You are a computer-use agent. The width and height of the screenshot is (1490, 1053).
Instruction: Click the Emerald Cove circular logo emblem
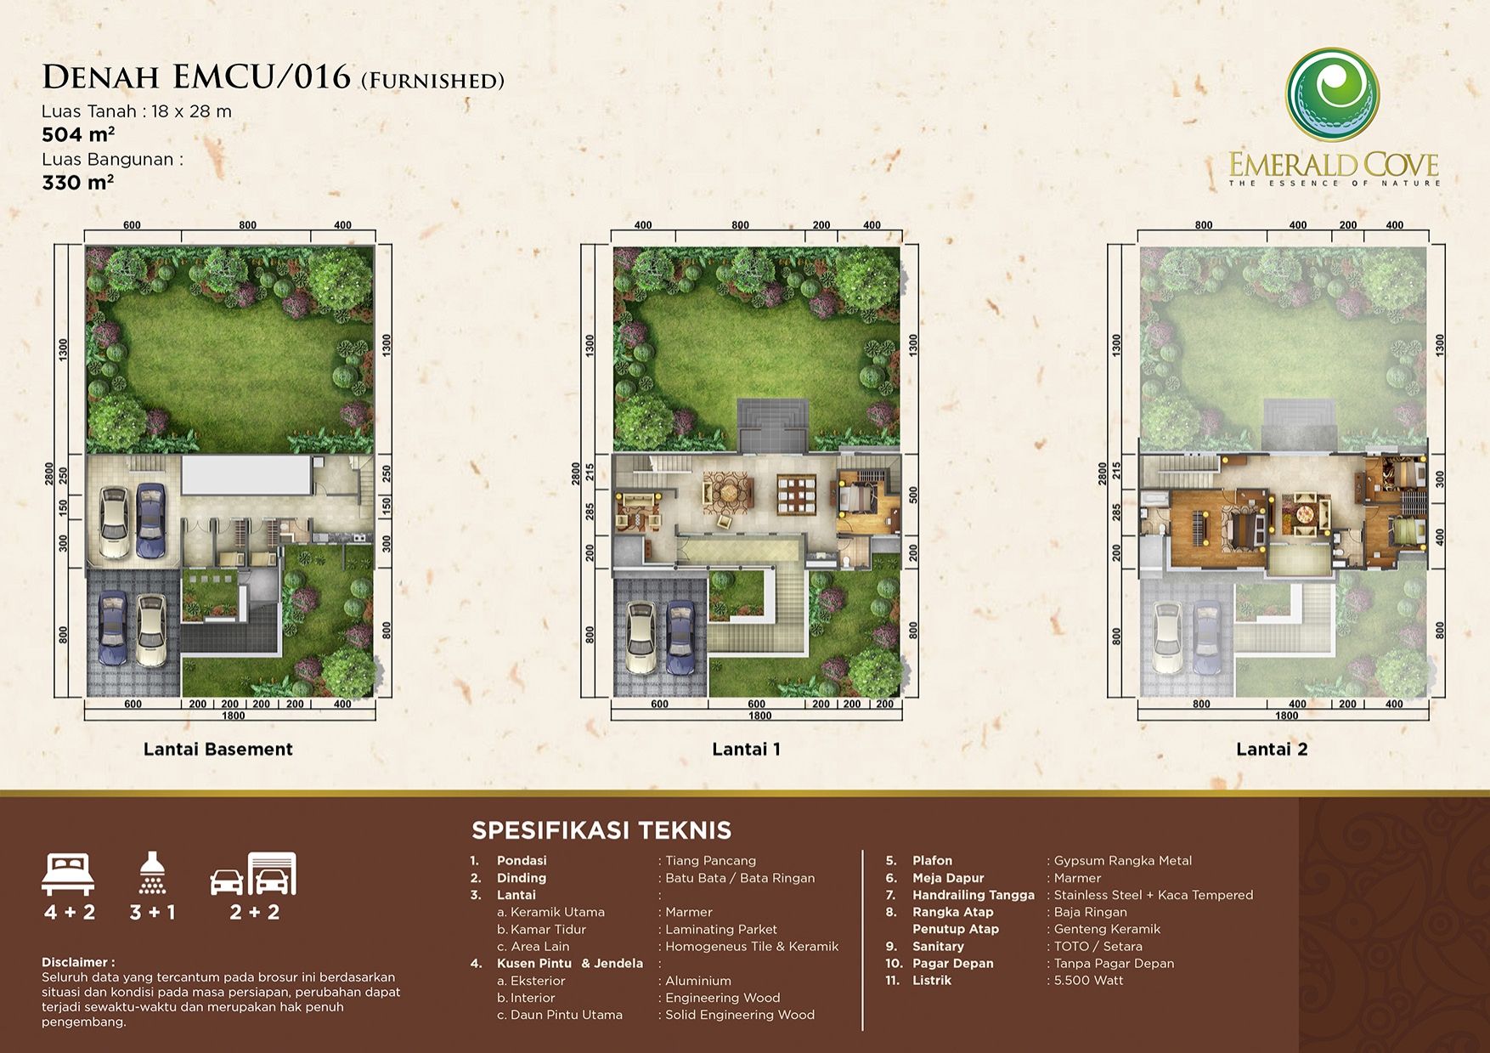click(1331, 94)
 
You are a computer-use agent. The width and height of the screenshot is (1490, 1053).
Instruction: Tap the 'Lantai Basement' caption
click(217, 749)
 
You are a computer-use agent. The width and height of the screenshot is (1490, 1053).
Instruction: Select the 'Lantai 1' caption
click(746, 749)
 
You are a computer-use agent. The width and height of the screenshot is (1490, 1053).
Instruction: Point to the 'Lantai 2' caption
click(1272, 749)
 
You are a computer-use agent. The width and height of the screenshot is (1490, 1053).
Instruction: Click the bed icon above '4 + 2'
click(68, 875)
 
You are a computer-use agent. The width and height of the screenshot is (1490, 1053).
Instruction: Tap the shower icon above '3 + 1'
click(153, 872)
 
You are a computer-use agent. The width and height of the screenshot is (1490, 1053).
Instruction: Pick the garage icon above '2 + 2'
click(254, 874)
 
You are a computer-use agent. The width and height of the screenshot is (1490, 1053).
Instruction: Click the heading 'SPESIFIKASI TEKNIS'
click(601, 829)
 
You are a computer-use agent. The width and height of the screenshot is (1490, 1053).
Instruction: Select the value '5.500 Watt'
click(1088, 980)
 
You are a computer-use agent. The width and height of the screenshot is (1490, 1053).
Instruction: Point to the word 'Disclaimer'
click(75, 962)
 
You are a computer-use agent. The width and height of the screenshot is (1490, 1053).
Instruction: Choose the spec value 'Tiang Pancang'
click(710, 861)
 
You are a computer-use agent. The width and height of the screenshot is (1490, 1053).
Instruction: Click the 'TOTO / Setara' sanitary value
click(1098, 946)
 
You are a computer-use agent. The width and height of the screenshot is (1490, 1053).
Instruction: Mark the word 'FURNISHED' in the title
click(433, 81)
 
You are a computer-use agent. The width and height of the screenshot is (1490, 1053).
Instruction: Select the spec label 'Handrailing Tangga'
click(974, 895)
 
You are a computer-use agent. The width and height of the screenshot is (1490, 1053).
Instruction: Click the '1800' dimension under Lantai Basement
click(233, 716)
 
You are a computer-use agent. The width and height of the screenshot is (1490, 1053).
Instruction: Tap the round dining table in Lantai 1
click(727, 494)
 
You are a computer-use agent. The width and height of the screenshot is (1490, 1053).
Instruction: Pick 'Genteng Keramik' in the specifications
click(1107, 929)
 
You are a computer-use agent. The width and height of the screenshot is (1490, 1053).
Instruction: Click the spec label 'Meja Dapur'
click(948, 878)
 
